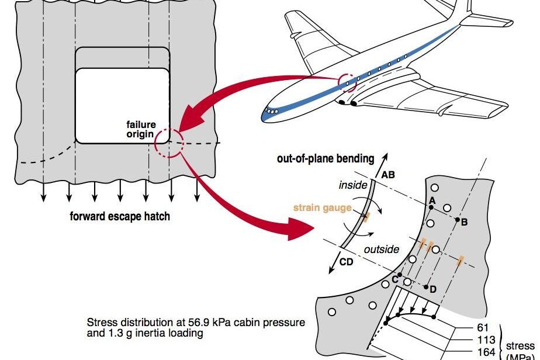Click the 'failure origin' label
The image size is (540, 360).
tap(140, 129)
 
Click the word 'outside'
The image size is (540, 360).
tap(381, 250)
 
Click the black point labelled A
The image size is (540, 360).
tap(432, 207)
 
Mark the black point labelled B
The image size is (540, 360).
tap(458, 221)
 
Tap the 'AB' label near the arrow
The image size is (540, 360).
tap(388, 174)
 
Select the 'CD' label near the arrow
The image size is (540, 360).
tap(346, 262)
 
